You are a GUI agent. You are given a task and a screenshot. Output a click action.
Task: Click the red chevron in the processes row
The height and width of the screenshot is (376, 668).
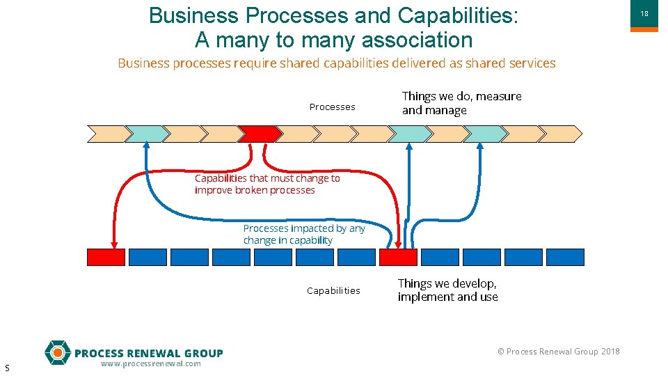coord(259,134)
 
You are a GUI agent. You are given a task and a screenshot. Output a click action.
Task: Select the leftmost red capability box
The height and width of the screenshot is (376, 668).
coord(106,257)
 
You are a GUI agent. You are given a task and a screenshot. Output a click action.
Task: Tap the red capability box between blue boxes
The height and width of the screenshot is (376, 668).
coord(398,257)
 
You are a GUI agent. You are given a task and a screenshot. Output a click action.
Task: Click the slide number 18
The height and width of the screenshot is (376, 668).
coord(644,14)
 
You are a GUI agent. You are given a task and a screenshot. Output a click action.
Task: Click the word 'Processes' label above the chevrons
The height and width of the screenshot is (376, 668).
coord(332,107)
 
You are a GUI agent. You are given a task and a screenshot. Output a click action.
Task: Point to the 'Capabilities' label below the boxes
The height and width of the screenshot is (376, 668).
coord(333,290)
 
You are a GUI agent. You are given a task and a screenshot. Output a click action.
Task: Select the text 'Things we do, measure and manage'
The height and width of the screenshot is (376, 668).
coord(461,103)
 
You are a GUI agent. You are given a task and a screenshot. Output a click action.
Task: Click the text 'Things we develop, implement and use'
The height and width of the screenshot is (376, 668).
coord(447,290)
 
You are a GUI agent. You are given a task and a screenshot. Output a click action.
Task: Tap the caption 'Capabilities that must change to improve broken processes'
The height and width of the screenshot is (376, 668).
coord(267,184)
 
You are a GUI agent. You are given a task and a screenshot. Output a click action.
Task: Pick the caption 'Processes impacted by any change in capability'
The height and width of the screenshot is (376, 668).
coord(304,234)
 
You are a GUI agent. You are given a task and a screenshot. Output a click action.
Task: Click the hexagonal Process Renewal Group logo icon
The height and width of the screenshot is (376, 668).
coord(57,352)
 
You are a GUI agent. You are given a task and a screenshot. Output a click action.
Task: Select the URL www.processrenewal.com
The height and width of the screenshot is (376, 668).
coord(150,363)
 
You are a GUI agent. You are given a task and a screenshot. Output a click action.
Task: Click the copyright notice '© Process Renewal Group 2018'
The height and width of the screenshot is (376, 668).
coord(558,351)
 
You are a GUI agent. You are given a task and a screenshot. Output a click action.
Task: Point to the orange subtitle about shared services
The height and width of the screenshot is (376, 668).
coord(337,63)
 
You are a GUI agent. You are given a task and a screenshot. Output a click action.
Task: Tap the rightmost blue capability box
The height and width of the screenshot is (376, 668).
coord(565,257)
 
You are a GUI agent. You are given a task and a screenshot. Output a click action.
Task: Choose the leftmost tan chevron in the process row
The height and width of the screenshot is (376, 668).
coord(107,134)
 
